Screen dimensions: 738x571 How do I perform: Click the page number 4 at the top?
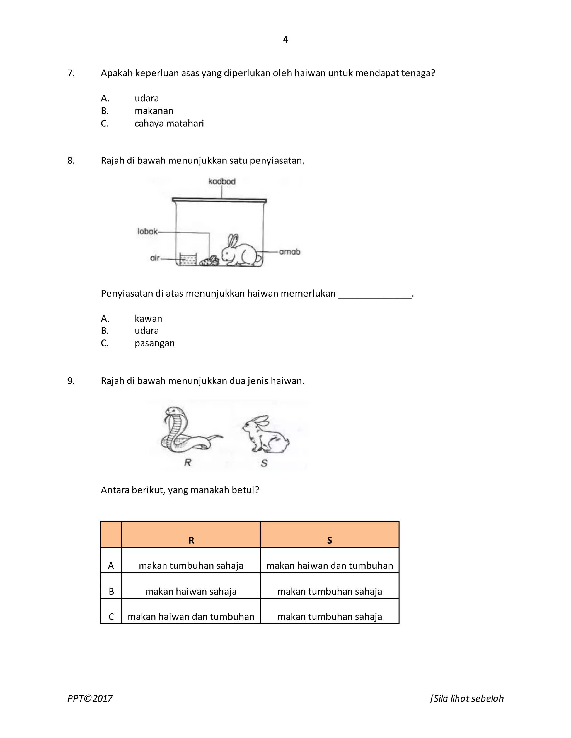285,40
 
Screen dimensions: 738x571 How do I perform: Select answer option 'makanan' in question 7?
154,111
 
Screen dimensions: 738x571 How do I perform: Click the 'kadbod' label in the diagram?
222,182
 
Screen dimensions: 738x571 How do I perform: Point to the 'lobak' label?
147,231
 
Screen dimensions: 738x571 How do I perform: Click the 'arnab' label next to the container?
290,252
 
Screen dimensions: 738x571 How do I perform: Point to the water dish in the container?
188,259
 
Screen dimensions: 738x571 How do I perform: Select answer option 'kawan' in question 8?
148,319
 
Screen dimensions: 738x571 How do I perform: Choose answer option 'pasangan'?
154,343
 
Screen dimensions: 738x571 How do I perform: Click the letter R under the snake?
188,462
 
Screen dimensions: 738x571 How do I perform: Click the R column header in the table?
191,540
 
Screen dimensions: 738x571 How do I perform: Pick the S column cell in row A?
330,565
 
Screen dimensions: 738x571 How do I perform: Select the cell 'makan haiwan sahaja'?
191,591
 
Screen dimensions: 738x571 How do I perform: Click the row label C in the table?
111,617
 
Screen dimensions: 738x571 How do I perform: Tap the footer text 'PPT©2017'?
90,698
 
